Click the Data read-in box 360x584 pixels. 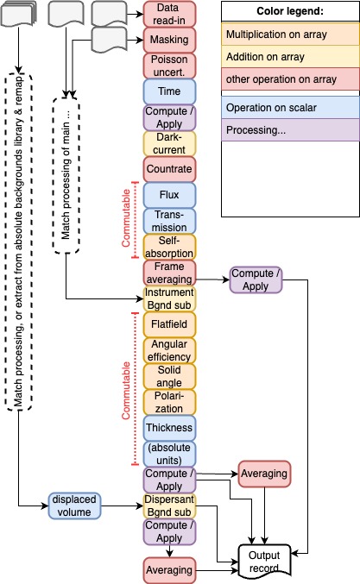tap(169, 14)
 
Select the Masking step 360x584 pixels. tap(169, 40)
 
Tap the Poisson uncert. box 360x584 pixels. tap(169, 66)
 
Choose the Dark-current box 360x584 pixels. tap(169, 143)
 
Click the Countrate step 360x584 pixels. tap(169, 169)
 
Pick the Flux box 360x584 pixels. tap(169, 195)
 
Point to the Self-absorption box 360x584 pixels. tap(169, 247)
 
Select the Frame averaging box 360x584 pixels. tap(169, 273)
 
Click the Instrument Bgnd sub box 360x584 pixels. tap(169, 298)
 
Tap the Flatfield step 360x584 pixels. tap(169, 324)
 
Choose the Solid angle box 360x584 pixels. tap(169, 376)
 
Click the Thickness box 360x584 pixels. tap(169, 428)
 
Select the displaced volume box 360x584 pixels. tap(74, 506)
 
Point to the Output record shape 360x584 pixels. tap(264, 562)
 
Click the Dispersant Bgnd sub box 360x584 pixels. tap(169, 506)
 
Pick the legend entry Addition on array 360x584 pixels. tap(290, 57)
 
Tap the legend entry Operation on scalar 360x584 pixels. tap(290, 108)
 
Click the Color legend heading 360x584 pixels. tap(290, 11)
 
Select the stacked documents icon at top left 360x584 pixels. tap(19, 14)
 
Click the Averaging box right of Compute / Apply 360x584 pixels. tap(264, 474)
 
